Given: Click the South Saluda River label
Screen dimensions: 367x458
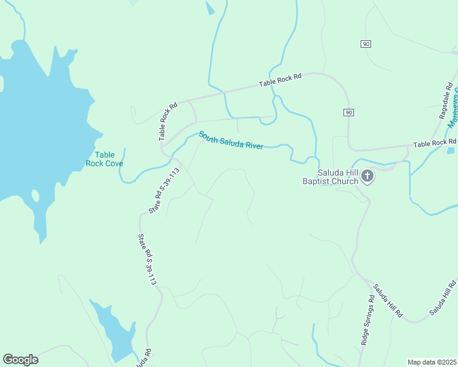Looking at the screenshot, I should click(x=231, y=140).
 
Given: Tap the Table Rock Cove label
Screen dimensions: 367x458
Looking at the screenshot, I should click(x=104, y=159).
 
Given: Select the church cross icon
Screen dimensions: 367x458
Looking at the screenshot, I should click(x=367, y=177).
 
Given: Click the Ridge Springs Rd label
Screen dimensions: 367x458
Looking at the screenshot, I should click(x=367, y=321).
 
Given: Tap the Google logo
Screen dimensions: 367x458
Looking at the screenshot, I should click(x=20, y=360).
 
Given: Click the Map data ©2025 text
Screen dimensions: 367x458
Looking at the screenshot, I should click(x=431, y=362).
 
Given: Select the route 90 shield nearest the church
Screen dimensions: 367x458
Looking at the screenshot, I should click(x=348, y=113).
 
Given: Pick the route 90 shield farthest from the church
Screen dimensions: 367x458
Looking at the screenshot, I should click(x=366, y=44).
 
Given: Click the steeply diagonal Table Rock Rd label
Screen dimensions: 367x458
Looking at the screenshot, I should click(x=168, y=121).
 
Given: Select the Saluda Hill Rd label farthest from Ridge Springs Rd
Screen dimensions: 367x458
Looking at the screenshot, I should click(x=443, y=298).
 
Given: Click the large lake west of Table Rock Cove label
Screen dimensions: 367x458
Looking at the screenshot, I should click(x=37, y=110).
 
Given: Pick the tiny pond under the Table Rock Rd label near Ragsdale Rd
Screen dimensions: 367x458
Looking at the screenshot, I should click(x=451, y=150).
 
